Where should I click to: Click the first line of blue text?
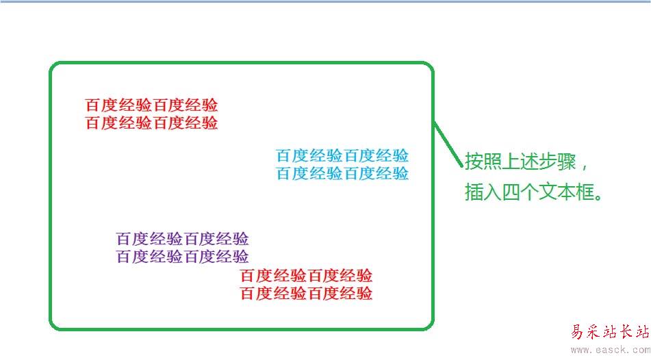point(342,155)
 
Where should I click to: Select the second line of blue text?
point(342,173)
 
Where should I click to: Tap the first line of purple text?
point(182,239)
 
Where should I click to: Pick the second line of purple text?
point(182,257)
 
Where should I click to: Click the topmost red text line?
point(151,105)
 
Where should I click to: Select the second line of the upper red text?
point(151,123)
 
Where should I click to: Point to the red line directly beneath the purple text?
point(306,276)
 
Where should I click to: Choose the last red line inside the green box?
point(306,294)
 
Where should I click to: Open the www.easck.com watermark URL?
point(610,350)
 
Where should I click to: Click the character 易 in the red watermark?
point(580,333)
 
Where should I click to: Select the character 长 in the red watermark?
point(623,333)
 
